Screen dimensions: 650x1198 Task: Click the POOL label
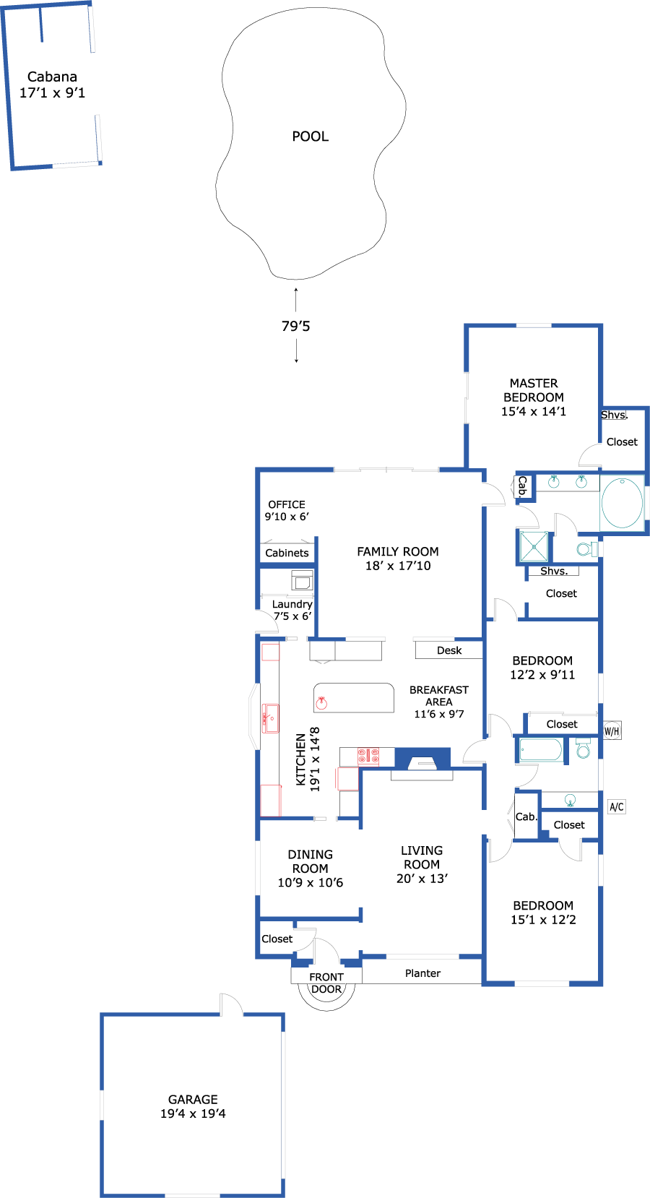(310, 137)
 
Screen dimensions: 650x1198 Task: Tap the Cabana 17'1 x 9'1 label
(53, 85)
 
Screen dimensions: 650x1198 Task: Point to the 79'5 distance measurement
(295, 326)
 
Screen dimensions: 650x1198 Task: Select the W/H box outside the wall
(612, 731)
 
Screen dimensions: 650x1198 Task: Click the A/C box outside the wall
(616, 807)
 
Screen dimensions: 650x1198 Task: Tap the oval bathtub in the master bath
(623, 504)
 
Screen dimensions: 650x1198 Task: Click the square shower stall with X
(534, 546)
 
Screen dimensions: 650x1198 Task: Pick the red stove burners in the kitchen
(368, 757)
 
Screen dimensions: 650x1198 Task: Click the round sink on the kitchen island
(321, 703)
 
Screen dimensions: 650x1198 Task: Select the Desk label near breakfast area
(449, 650)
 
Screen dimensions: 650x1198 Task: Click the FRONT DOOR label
(326, 983)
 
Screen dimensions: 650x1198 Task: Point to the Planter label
(422, 973)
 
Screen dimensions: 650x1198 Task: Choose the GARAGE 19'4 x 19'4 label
(193, 1106)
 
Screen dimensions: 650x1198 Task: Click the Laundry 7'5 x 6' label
(292, 610)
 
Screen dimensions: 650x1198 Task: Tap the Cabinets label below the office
(287, 553)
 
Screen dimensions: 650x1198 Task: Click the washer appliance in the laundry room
(301, 580)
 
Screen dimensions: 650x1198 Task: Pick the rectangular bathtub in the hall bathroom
(541, 749)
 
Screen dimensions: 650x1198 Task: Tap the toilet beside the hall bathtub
(583, 749)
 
